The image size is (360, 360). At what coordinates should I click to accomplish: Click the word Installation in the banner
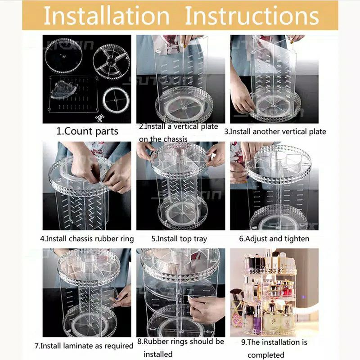(x=107, y=16)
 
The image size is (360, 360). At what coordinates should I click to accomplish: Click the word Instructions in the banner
(x=252, y=16)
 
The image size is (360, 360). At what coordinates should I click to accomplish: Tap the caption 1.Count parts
(x=87, y=131)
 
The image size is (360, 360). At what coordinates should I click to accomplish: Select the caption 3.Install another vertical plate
(x=275, y=131)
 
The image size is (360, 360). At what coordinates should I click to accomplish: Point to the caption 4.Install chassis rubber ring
(x=87, y=239)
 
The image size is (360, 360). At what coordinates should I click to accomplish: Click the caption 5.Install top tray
(x=179, y=239)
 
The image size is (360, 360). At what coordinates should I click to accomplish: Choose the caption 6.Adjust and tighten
(x=274, y=239)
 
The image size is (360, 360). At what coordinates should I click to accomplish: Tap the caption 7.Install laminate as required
(x=84, y=346)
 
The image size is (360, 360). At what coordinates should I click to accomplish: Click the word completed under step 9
(x=266, y=355)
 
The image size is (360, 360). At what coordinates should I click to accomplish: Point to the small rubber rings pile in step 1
(x=99, y=118)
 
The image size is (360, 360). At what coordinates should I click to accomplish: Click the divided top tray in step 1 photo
(x=111, y=62)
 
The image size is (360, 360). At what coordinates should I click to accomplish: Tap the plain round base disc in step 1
(x=63, y=55)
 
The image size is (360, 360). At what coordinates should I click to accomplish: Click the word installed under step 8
(x=158, y=354)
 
